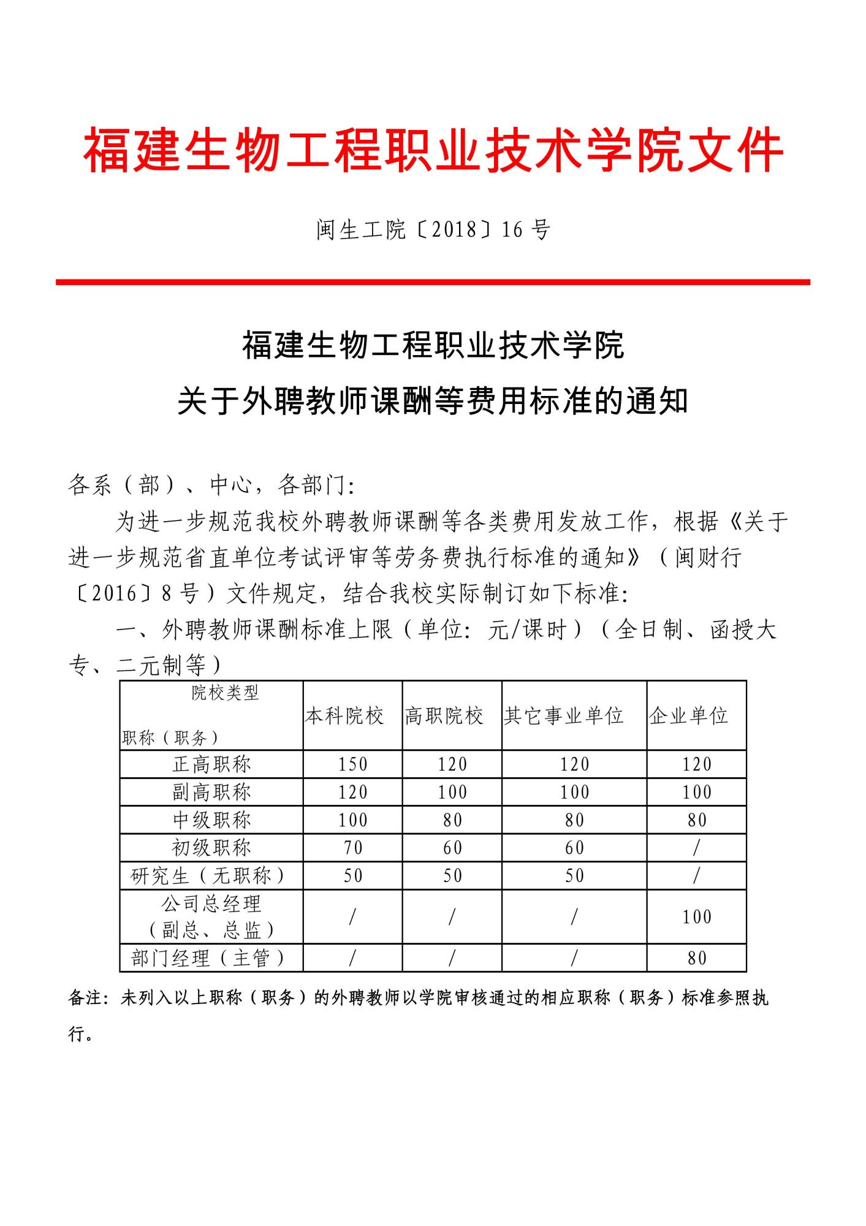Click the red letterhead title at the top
point(433,150)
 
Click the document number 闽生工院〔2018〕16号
point(433,230)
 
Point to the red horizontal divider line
point(433,282)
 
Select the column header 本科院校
point(344,715)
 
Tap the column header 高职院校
point(444,715)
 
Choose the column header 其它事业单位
point(563,715)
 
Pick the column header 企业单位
point(688,715)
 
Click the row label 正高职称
point(211,764)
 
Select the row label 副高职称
point(211,792)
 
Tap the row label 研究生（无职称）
point(208,875)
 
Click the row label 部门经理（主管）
point(208,958)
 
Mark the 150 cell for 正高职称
point(353,764)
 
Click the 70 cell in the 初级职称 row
point(353,848)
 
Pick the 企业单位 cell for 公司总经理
point(697,917)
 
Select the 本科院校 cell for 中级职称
point(353,820)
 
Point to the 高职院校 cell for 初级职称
point(452,848)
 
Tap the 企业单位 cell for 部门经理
point(697,958)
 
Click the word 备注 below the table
point(85,998)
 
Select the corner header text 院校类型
point(225,693)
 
